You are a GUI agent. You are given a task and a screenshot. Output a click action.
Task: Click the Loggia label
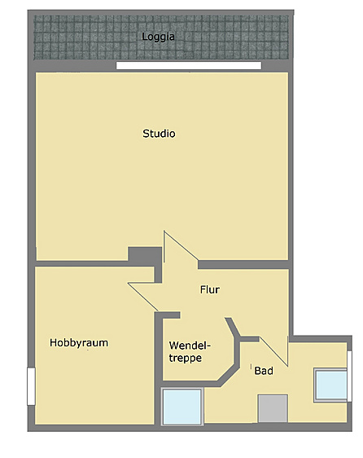click(x=158, y=37)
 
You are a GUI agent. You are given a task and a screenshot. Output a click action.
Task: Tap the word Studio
click(x=159, y=134)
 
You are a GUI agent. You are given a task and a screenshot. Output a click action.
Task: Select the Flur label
click(x=210, y=290)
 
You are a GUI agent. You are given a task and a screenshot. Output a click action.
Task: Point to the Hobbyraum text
click(x=79, y=342)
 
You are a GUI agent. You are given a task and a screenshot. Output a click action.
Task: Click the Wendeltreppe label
click(x=190, y=352)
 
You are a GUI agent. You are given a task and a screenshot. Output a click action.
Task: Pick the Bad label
click(x=264, y=371)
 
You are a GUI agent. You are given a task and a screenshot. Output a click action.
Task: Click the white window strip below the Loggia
click(x=189, y=66)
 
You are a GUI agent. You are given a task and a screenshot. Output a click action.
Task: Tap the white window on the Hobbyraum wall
click(x=31, y=386)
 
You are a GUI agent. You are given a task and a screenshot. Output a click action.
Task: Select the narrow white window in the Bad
click(x=349, y=377)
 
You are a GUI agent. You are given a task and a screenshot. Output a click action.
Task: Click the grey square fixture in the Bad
click(x=273, y=408)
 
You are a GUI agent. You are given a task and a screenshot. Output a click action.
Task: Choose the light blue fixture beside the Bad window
click(x=330, y=385)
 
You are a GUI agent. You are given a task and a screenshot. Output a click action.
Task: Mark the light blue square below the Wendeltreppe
click(x=182, y=407)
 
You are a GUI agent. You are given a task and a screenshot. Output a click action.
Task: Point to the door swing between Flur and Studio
click(x=181, y=246)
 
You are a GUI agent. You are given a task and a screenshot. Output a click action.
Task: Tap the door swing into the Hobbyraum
click(x=142, y=296)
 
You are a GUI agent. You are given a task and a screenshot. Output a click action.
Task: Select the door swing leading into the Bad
click(x=273, y=351)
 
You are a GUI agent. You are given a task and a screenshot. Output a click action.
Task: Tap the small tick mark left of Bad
click(x=251, y=366)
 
